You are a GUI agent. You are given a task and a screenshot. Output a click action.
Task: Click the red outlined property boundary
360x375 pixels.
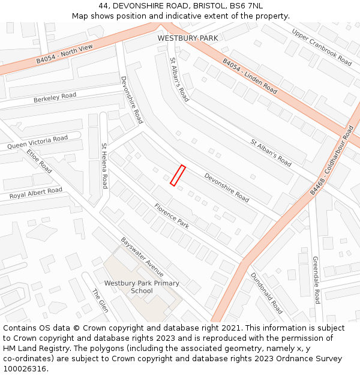[178, 175]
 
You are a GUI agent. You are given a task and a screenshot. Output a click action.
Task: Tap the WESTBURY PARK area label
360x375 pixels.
[188, 38]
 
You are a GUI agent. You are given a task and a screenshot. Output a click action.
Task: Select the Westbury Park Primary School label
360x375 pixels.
[142, 287]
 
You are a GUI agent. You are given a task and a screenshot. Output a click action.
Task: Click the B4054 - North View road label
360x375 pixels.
[64, 53]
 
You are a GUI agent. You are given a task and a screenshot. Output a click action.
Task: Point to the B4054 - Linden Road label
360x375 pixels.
[250, 76]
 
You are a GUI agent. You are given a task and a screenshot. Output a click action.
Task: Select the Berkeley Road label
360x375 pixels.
[55, 97]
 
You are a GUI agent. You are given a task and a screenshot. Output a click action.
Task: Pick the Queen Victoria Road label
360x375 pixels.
[37, 142]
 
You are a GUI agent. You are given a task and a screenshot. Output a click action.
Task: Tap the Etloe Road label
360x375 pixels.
[39, 161]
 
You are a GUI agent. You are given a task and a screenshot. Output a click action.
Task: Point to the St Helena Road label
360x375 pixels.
[104, 166]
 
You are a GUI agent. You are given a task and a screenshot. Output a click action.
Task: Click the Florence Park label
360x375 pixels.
[172, 216]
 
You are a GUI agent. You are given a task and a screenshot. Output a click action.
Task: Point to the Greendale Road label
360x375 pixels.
[316, 280]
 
